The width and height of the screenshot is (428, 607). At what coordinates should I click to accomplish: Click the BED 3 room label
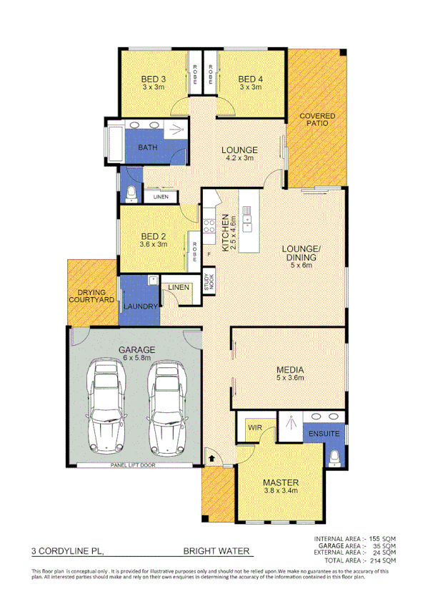(153, 79)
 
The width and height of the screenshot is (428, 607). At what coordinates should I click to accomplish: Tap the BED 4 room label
(250, 79)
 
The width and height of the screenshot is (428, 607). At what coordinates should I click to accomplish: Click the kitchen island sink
(247, 218)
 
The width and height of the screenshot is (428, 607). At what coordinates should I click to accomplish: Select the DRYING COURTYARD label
(92, 297)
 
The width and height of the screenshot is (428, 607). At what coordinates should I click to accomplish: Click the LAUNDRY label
(141, 306)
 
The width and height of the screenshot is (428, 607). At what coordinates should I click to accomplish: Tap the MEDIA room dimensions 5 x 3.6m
(290, 378)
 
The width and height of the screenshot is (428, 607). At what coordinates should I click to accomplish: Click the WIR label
(253, 428)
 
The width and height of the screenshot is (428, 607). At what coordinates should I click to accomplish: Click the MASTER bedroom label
(280, 482)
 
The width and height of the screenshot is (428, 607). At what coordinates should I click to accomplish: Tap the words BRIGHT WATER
(217, 551)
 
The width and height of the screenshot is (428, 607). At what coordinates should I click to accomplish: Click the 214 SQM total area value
(382, 560)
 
